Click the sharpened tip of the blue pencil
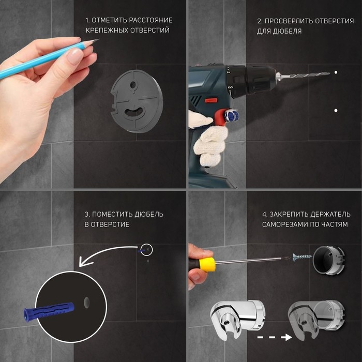tap(99, 40)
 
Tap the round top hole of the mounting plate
tap(133, 85)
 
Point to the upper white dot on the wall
tap(336, 72)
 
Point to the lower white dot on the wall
tap(336, 111)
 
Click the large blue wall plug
tap(49, 311)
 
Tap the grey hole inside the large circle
tap(86, 303)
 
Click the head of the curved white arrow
tap(84, 261)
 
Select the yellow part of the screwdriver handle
tap(207, 265)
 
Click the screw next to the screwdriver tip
tap(303, 257)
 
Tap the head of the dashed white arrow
tap(286, 337)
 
